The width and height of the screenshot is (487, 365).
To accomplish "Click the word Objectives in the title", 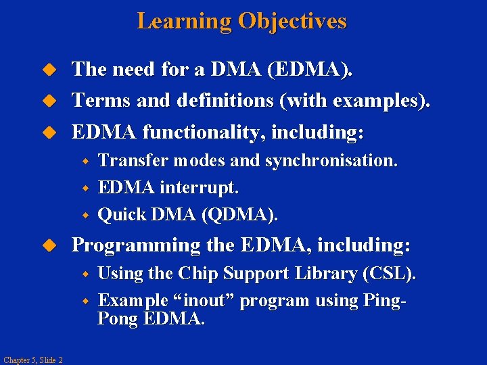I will coord(292,21).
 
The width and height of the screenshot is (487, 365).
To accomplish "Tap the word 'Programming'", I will coord(136,245).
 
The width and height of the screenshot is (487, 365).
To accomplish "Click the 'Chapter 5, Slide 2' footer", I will coord(32,360).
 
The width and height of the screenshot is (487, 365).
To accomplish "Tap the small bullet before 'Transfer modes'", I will coord(86,162).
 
